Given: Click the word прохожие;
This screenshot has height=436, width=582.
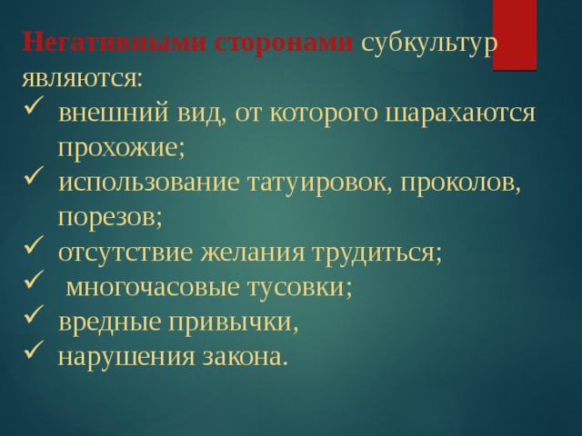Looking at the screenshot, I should (122, 146).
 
